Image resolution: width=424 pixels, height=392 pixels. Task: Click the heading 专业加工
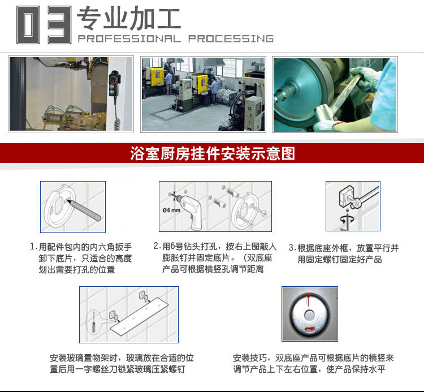point(128,18)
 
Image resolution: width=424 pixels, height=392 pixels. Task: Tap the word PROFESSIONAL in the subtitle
point(128,39)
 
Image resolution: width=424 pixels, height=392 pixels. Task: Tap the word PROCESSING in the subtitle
point(231,39)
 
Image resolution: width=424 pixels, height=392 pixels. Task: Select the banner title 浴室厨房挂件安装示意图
point(212,153)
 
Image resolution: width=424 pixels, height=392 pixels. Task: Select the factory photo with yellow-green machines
point(202,94)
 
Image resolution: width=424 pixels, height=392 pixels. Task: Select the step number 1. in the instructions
point(33,248)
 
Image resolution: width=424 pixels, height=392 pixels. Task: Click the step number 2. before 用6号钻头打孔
point(157,247)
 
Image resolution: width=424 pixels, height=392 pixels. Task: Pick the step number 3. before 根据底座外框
point(292,248)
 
